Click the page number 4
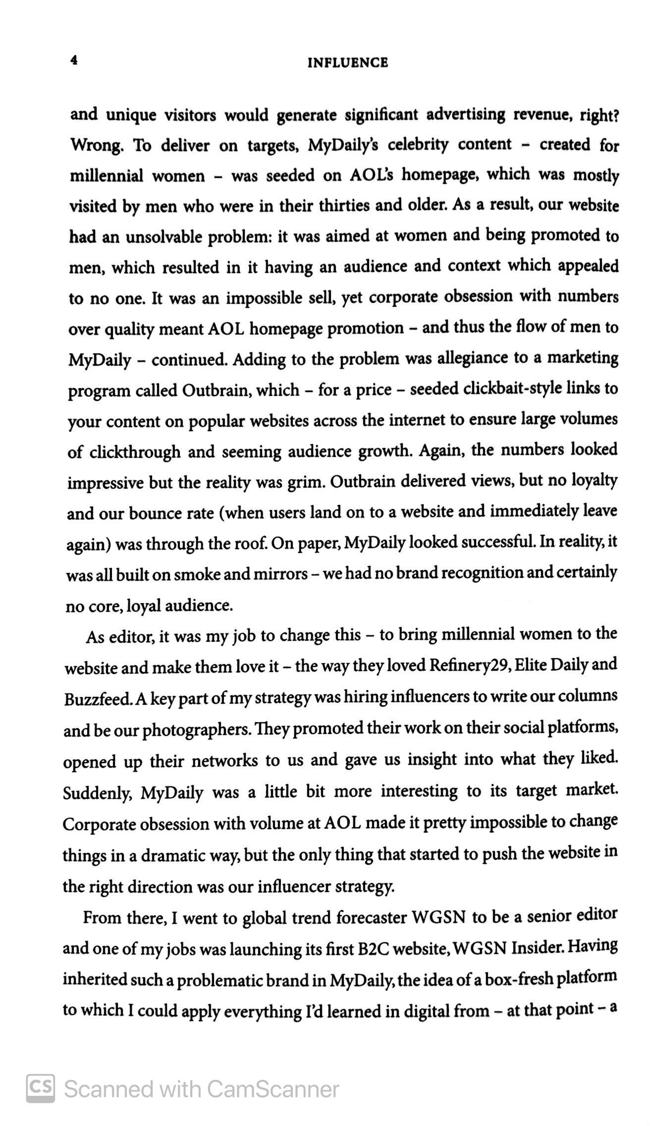tap(74, 60)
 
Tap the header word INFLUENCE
tap(348, 63)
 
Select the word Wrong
tap(97, 146)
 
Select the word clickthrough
tap(135, 452)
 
